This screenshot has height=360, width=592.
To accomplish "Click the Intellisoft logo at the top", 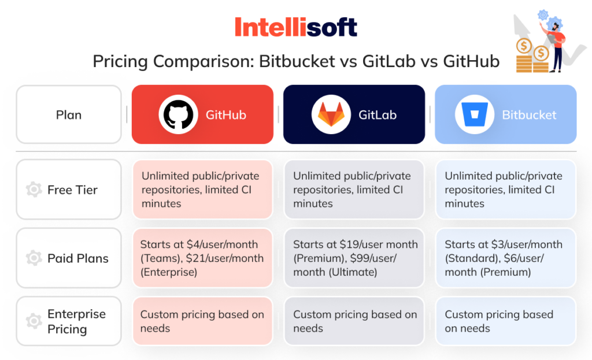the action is click(295, 27).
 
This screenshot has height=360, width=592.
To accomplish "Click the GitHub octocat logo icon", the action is click(178, 114).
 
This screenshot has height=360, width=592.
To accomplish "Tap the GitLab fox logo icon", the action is click(331, 114).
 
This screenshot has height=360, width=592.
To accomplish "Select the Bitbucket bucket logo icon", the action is click(475, 114).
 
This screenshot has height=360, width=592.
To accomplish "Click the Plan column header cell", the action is click(69, 114).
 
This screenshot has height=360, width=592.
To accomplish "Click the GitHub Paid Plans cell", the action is click(203, 258).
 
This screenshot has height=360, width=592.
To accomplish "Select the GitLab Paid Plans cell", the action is click(354, 258).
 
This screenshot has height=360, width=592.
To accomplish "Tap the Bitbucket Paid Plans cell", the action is click(506, 258).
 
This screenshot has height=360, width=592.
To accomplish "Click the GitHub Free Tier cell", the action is click(203, 190).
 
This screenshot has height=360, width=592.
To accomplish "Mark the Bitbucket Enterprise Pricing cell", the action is click(506, 321).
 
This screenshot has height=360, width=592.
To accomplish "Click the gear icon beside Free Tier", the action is click(34, 190).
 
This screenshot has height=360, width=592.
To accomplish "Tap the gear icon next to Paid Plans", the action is click(34, 258).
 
